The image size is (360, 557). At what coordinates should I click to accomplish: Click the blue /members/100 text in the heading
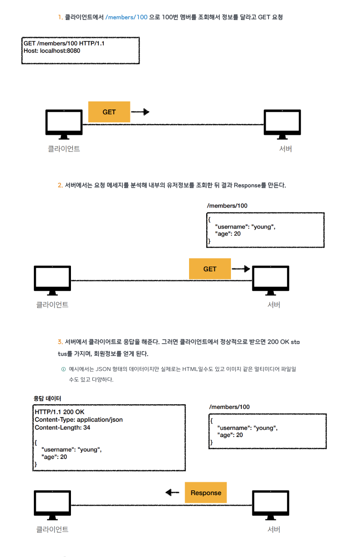[126, 17]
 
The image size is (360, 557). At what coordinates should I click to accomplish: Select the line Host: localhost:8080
[52, 50]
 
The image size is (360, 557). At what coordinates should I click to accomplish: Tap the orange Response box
[206, 493]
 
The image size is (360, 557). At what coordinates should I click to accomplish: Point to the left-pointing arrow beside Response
[172, 493]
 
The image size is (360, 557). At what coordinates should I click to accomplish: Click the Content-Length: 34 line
[62, 428]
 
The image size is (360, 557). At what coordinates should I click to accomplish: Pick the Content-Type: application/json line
[79, 419]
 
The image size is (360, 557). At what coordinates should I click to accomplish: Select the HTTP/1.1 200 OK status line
[60, 411]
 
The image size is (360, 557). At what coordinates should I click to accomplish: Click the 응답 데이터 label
[47, 398]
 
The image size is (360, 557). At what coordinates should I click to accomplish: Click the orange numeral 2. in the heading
[60, 185]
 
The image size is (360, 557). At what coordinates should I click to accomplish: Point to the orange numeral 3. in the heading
[60, 342]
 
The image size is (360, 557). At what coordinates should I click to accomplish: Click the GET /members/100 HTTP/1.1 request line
[64, 43]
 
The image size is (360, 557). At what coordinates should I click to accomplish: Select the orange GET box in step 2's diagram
[210, 269]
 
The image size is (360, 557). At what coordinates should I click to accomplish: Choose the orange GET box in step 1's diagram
[109, 112]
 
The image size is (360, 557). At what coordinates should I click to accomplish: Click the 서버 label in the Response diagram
[274, 529]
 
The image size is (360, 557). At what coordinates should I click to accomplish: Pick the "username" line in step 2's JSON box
[245, 227]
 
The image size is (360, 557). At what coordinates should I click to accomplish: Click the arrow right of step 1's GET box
[140, 112]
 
